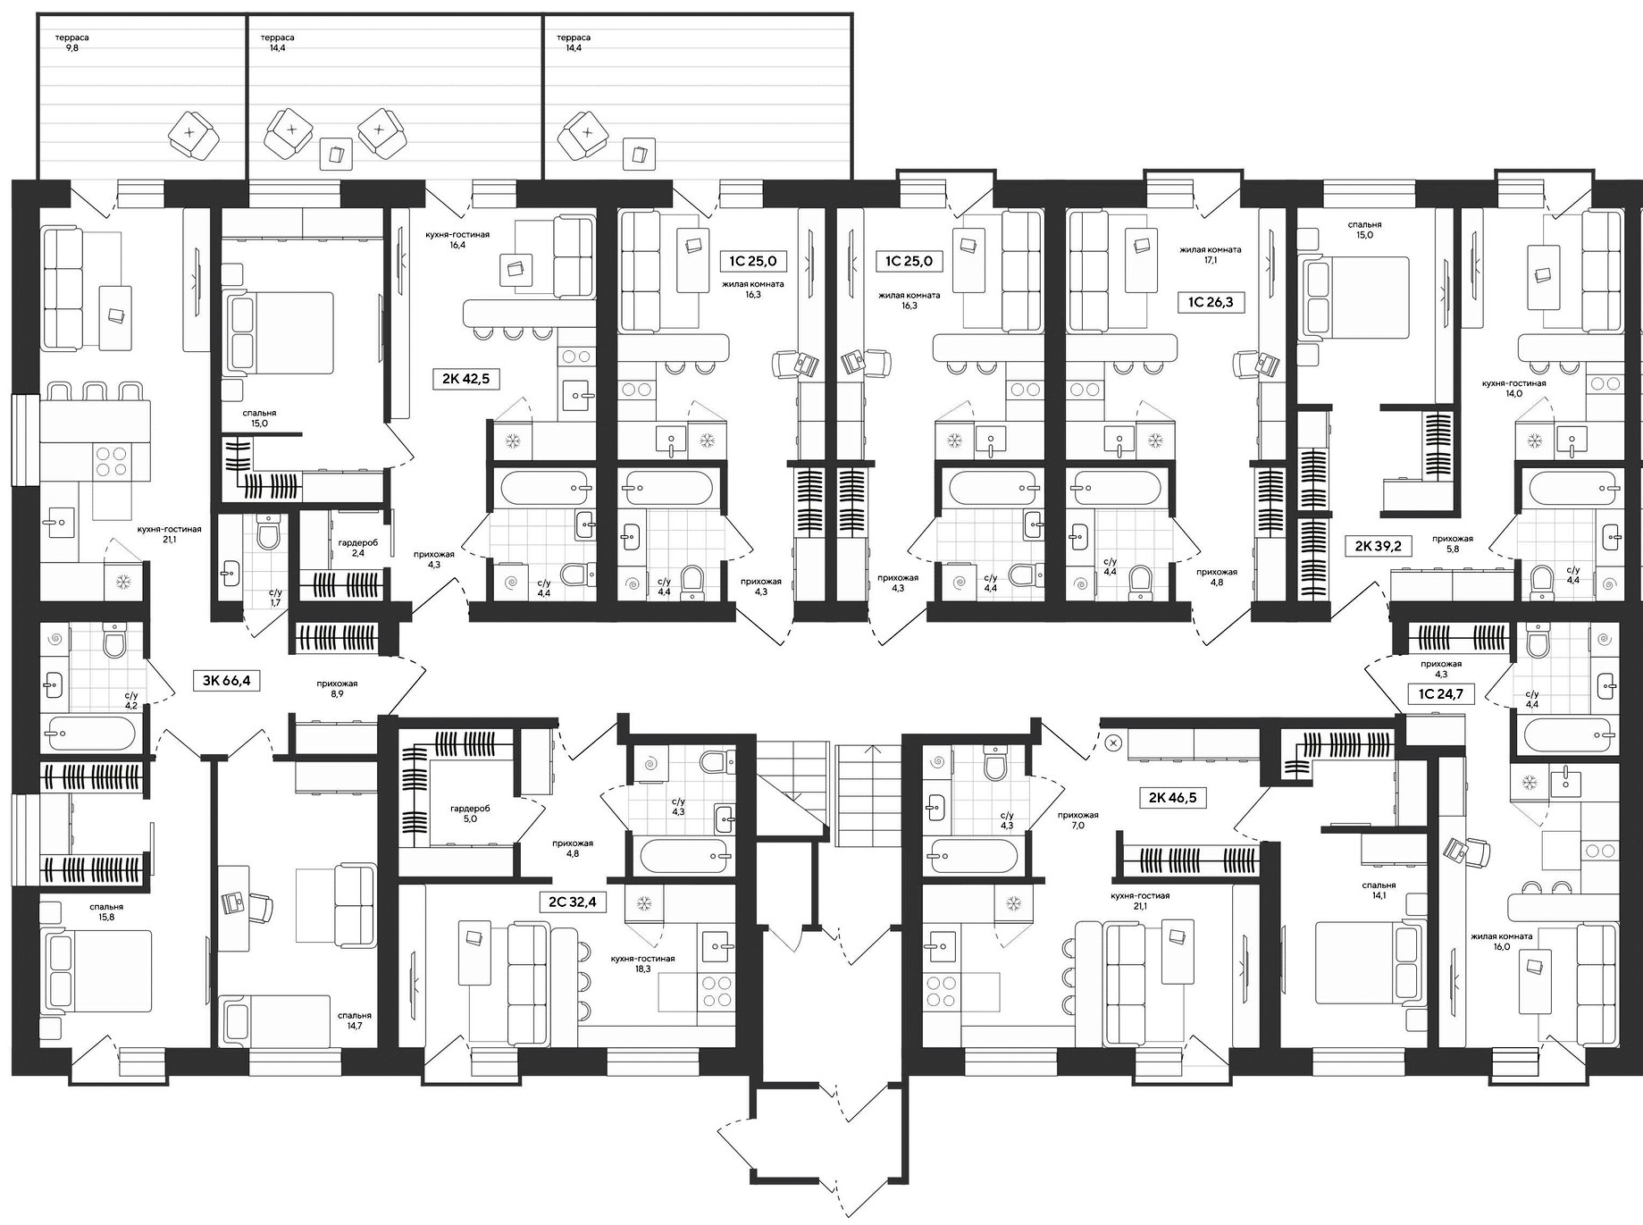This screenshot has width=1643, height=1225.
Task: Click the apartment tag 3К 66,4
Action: (226, 681)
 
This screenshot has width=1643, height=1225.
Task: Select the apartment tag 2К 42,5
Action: (465, 379)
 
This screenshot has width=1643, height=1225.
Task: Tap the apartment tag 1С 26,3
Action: (1211, 302)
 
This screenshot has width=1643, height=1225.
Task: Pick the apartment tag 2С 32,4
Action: (572, 902)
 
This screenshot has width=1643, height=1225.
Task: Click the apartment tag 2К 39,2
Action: (1379, 544)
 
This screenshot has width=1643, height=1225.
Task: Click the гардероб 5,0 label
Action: (470, 812)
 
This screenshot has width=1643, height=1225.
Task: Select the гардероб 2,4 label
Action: (357, 548)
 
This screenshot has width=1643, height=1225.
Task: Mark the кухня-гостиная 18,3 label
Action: (642, 963)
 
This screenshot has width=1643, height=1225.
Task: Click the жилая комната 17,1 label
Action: (1211, 256)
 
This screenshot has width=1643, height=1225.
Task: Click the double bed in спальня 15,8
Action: (96, 971)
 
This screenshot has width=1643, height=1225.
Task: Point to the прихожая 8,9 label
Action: (336, 688)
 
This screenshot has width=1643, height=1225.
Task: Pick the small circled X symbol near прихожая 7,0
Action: (1113, 742)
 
